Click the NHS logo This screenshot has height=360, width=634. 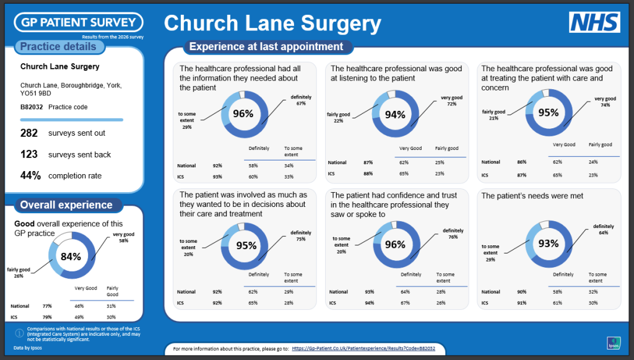[x=594, y=22]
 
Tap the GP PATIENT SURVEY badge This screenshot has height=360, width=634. [x=79, y=22]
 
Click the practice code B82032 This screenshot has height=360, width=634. [x=32, y=107]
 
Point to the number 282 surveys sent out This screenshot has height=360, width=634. [x=29, y=133]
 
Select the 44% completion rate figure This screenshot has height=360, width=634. [x=30, y=175]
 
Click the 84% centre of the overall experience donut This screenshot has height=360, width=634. [x=71, y=257]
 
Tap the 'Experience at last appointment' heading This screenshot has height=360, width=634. [x=266, y=46]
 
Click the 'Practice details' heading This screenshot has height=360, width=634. [x=58, y=46]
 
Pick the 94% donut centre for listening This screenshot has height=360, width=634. [x=395, y=115]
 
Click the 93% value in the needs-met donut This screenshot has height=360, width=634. [x=549, y=244]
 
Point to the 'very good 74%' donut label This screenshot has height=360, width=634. [x=606, y=102]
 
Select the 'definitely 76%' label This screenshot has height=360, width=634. [x=453, y=234]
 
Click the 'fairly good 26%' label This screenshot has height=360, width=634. [x=19, y=273]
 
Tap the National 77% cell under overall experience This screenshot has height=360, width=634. [x=47, y=306]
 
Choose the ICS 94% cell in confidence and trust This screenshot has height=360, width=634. [x=369, y=303]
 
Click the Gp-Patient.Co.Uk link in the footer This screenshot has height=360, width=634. [x=363, y=348]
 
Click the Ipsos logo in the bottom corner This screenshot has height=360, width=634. [x=614, y=343]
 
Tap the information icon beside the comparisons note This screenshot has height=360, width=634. [x=19, y=333]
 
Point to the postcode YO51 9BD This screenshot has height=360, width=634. [x=35, y=94]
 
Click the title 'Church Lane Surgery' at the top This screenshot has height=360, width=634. [x=272, y=23]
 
